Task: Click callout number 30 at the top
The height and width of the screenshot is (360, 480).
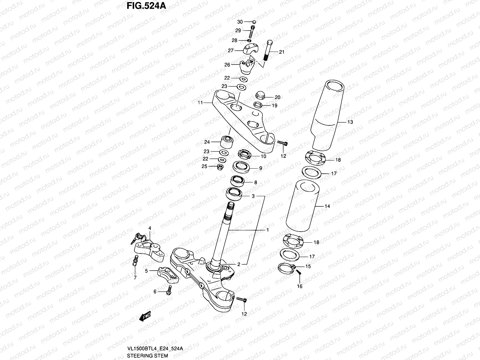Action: pos(240,22)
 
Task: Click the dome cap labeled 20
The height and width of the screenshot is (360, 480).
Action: pos(260,95)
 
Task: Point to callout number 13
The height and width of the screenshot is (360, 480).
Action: pos(350,122)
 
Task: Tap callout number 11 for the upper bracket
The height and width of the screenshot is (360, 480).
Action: pos(200,103)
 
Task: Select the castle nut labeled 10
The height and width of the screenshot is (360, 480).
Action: pos(244,155)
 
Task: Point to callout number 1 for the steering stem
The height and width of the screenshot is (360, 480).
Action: pos(267,230)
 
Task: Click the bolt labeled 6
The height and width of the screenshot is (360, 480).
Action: pos(169,290)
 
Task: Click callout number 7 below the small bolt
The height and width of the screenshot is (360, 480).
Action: pos(135,278)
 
